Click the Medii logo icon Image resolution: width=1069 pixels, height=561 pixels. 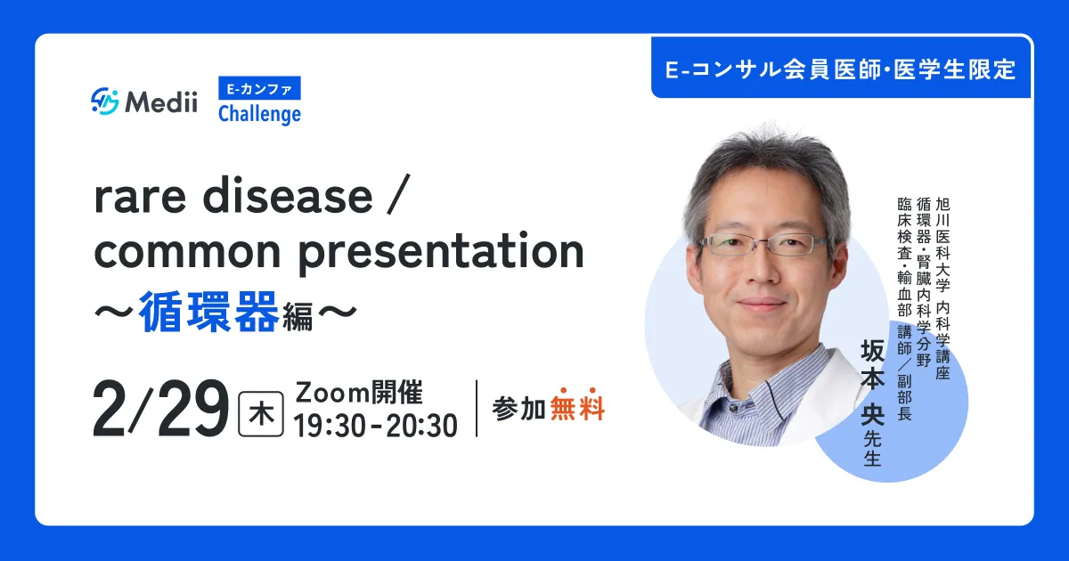104,102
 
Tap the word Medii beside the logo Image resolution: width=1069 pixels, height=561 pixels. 161,102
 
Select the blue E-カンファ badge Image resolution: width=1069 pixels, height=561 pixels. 259,88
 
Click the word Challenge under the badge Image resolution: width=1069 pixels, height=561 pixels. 259,115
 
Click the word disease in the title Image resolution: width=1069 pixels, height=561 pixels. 288,196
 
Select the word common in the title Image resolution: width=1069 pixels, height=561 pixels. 188,251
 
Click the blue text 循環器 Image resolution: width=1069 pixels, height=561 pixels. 209,312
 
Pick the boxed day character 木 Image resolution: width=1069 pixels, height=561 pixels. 260,414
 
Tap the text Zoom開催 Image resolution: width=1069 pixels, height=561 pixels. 359,393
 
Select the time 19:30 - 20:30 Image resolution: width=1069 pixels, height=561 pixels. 376,426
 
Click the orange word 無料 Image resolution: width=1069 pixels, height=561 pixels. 577,409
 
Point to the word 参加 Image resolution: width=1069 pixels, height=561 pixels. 519,409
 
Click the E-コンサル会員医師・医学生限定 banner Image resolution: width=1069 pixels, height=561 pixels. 841,69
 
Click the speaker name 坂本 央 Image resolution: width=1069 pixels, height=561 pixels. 872,383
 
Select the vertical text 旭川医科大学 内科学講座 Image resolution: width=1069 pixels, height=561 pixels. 943,289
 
